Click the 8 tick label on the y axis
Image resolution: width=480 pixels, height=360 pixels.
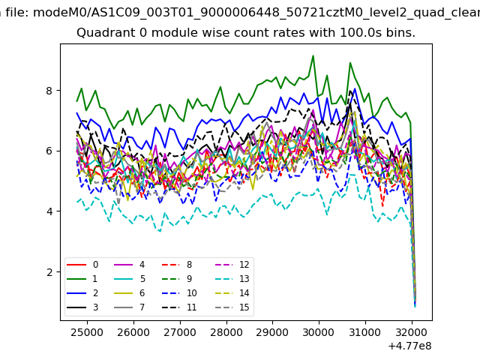(x=49, y=91)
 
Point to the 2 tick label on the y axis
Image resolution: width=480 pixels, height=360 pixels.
(x=49, y=272)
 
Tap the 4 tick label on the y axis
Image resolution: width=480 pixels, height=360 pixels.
(x=49, y=211)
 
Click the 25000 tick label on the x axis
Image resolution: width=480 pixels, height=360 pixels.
(x=86, y=331)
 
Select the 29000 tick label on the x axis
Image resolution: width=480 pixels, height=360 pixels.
(x=272, y=331)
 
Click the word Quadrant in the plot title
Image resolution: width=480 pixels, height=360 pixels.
(x=103, y=34)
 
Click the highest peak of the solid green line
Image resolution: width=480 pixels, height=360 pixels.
(x=313, y=55)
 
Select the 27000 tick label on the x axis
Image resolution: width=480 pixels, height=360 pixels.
(x=179, y=331)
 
